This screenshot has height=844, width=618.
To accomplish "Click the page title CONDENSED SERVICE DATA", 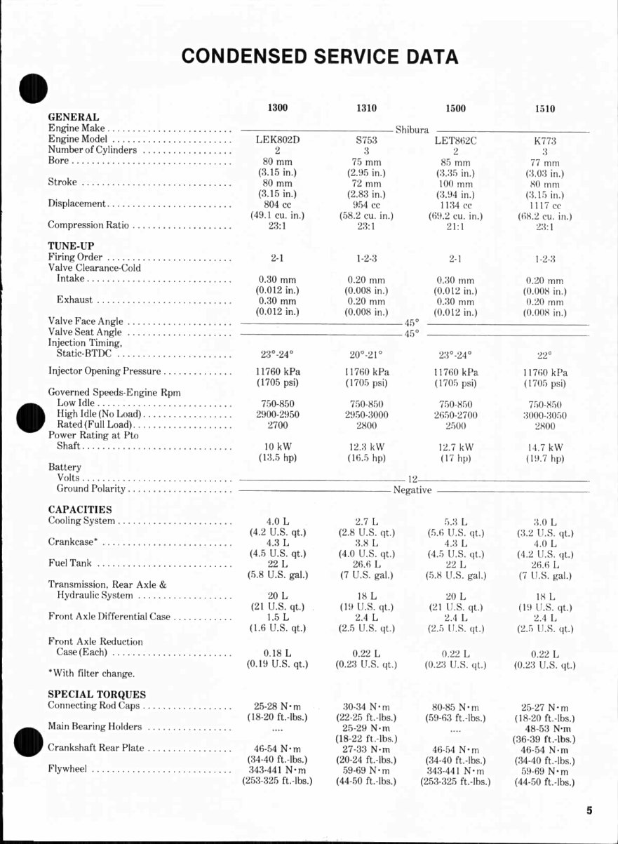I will click(x=320, y=56).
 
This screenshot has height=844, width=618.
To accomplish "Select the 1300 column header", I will click(x=278, y=107).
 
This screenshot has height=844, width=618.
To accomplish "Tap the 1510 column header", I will click(x=544, y=109).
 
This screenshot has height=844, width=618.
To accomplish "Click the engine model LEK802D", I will click(x=278, y=139).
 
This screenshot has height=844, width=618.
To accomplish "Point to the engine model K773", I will click(x=544, y=140).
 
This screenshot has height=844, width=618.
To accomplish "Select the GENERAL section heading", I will click(x=73, y=116).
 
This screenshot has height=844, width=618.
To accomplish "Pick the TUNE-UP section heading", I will click(x=71, y=246).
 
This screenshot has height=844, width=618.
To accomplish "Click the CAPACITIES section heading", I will click(x=80, y=509).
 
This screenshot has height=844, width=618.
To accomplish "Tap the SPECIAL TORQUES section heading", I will click(x=97, y=695).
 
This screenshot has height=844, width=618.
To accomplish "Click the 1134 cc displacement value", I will click(x=455, y=206).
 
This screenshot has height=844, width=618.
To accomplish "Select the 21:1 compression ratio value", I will click(x=455, y=227).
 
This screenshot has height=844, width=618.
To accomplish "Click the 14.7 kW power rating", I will click(x=544, y=447).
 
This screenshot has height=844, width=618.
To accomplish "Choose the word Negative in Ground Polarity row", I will click(x=412, y=490).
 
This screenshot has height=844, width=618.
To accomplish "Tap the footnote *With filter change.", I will click(x=91, y=674).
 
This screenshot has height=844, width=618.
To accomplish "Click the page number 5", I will click(x=590, y=810).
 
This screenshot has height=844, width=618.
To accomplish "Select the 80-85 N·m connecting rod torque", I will click(x=455, y=707).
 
